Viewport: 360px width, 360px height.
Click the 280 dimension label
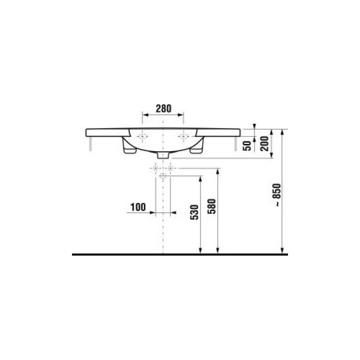163,108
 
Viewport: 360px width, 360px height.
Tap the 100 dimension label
138,207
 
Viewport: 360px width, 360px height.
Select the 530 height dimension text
194,212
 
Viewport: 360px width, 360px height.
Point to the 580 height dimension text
211,207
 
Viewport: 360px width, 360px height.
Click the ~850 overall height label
277,194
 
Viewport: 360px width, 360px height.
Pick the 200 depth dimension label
265,144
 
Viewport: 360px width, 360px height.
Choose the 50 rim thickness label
247,146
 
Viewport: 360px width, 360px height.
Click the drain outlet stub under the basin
163,155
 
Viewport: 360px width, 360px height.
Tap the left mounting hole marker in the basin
143,136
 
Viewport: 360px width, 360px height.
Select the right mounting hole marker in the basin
184,136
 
